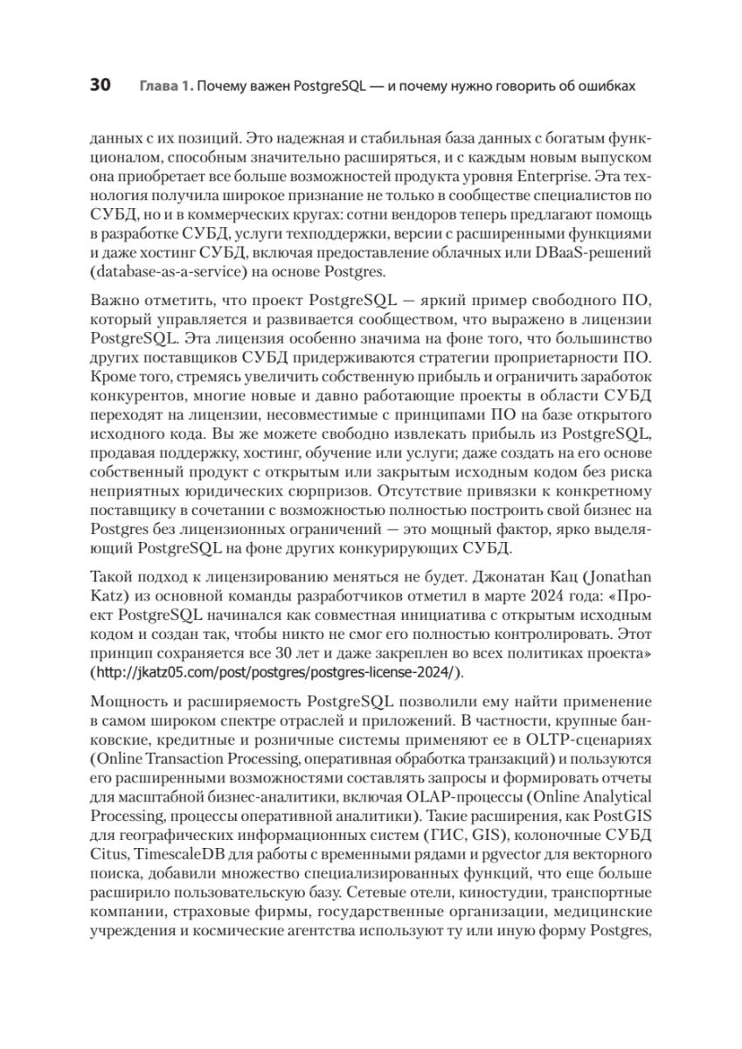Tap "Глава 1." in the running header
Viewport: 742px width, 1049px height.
click(164, 87)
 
